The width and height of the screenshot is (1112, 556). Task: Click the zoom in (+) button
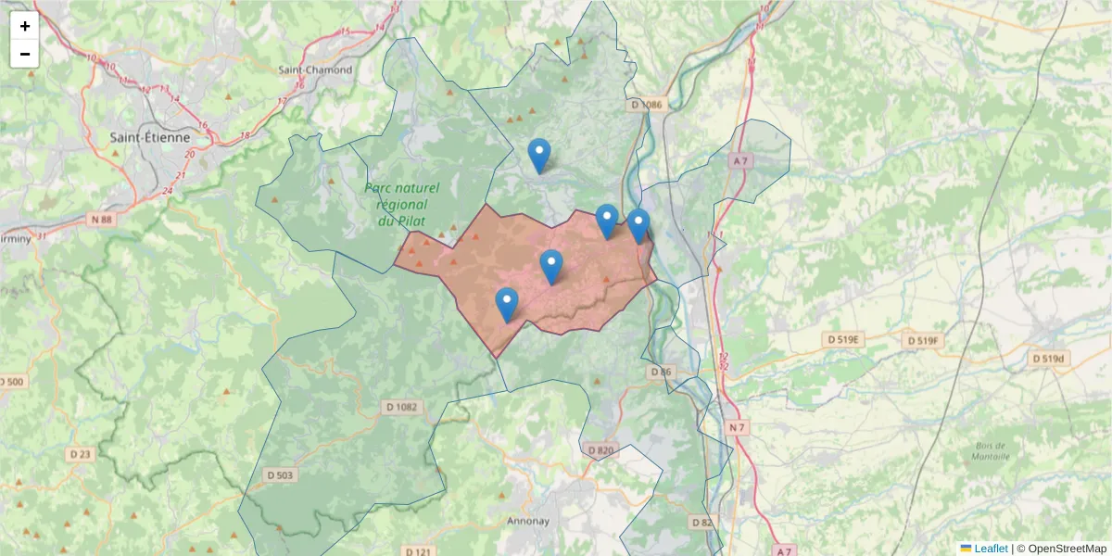pos(25,26)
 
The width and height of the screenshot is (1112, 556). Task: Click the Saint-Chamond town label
pos(315,69)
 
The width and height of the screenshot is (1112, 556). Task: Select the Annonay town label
pos(528,521)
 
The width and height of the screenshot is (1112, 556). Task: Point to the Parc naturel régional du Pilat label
pos(401,204)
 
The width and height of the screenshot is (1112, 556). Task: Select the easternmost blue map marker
pos(638,225)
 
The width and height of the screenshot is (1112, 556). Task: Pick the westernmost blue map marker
pos(507,304)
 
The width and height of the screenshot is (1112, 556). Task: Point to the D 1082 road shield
pos(401,407)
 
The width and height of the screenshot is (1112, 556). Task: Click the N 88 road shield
pos(101,220)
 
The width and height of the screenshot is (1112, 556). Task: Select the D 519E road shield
pos(844,340)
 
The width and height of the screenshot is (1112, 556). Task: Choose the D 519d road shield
pos(1050,358)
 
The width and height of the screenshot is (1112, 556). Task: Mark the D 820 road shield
pos(600,450)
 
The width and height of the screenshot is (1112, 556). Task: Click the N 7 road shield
pos(737,427)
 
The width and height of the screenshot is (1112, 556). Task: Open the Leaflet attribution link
pos(991,549)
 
